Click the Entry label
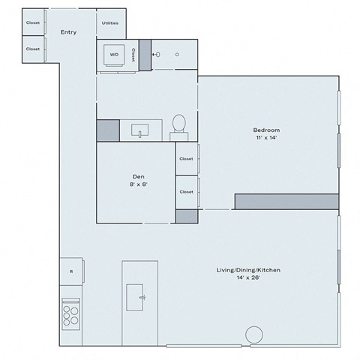pyautogui.click(x=68, y=32)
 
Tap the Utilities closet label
pyautogui.click(x=109, y=22)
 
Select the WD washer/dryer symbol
pyautogui.click(x=114, y=55)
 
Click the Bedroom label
pyautogui.click(x=265, y=130)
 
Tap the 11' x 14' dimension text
pyautogui.click(x=265, y=138)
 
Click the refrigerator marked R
pyautogui.click(x=71, y=271)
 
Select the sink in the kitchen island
pyautogui.click(x=140, y=292)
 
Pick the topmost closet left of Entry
pyautogui.click(x=33, y=22)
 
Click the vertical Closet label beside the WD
pyautogui.click(x=133, y=55)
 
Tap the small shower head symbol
pyautogui.click(x=157, y=55)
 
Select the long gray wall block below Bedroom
pyautogui.click(x=286, y=201)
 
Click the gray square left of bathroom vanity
pyautogui.click(x=108, y=130)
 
